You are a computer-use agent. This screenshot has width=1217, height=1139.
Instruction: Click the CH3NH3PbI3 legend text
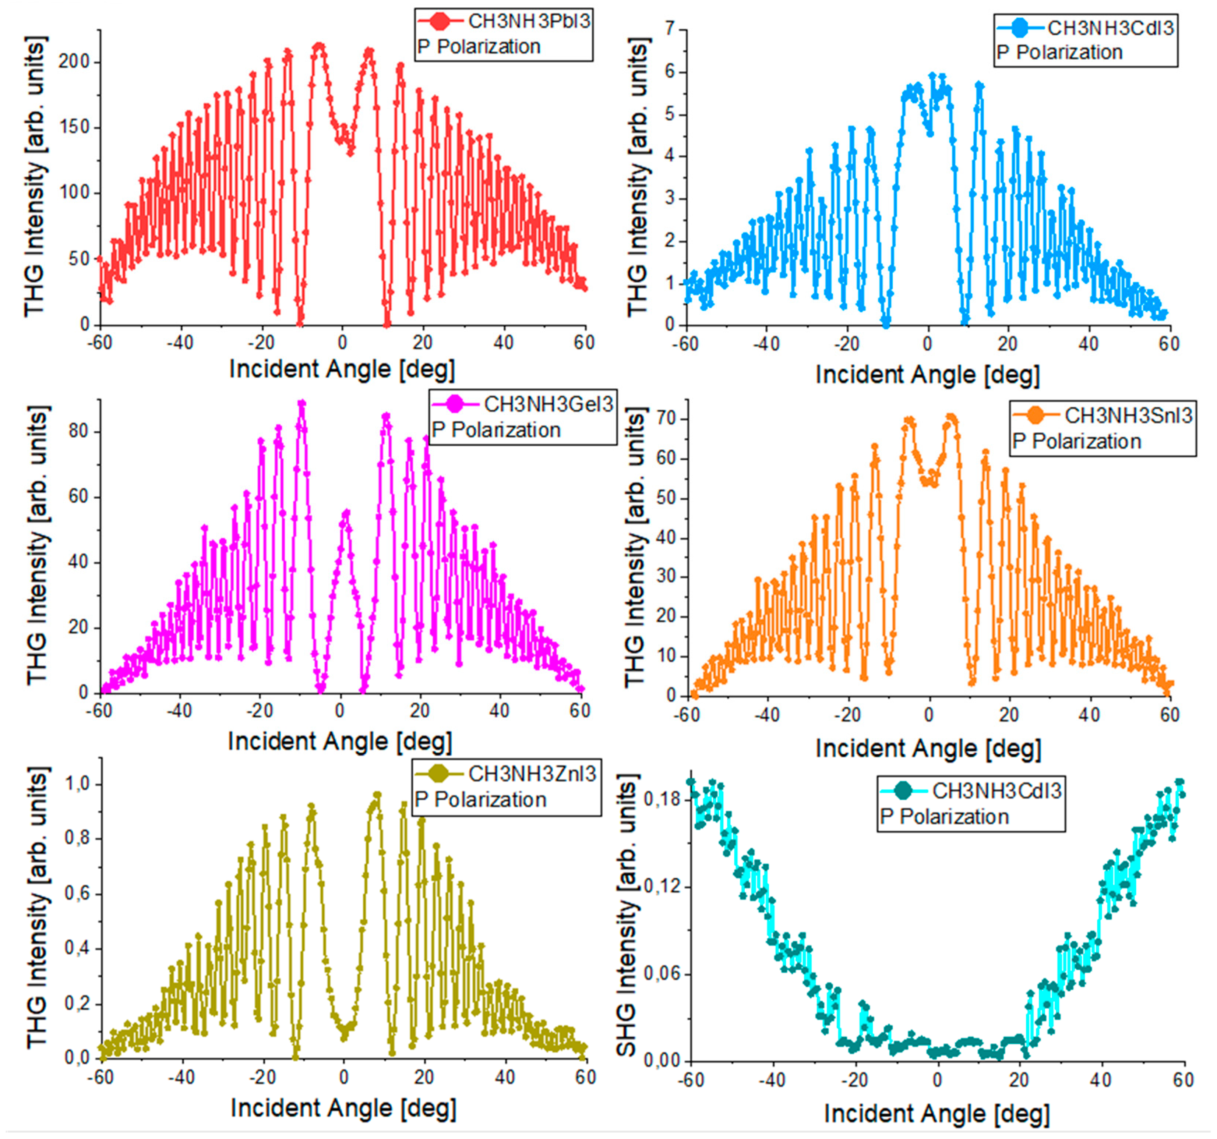(x=529, y=21)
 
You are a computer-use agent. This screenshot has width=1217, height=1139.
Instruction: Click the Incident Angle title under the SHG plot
(x=936, y=1114)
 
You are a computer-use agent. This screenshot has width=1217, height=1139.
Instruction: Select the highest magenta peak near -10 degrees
(x=301, y=403)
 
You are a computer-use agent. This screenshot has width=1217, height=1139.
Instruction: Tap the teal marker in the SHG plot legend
(x=902, y=791)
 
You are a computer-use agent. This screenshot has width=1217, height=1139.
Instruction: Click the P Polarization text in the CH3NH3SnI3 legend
(x=1077, y=442)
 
